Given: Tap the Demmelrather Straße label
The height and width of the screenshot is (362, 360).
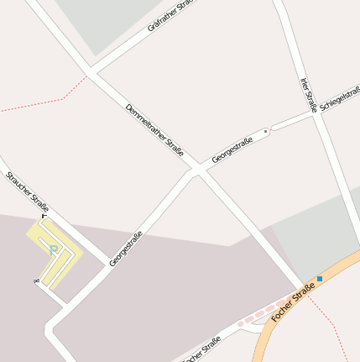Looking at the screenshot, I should [154, 129].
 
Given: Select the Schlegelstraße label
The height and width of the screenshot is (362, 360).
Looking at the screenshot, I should [339, 101].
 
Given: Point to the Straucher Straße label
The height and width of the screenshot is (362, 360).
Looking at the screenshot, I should [27, 191].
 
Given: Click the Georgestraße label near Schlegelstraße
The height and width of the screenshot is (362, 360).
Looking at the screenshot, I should [232, 151].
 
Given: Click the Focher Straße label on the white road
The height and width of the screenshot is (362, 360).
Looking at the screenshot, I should [201, 349].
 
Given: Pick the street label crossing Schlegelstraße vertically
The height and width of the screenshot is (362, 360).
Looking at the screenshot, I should [308, 94].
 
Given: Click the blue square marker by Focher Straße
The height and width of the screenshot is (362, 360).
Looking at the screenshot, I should [320, 278].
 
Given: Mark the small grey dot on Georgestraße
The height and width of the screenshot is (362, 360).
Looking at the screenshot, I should [266, 131].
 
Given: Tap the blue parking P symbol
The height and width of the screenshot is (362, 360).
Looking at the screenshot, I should [54, 248].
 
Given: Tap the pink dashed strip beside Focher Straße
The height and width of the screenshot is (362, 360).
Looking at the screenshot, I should [259, 314].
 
